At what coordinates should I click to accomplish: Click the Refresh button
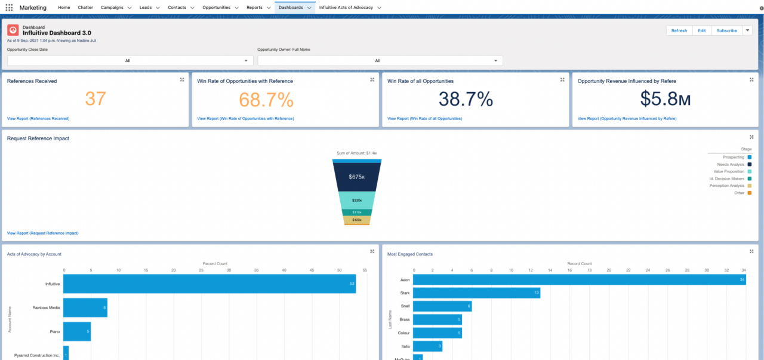point(679,30)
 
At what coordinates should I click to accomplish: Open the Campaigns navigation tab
point(112,7)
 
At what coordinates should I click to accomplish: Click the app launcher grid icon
point(9,7)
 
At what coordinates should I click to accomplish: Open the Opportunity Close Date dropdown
point(130,60)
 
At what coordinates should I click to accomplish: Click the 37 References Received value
point(95,99)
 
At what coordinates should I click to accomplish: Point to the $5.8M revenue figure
point(665,99)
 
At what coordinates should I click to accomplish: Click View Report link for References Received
point(38,119)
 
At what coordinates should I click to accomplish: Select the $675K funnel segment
point(357,177)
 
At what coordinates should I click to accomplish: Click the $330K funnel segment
point(357,200)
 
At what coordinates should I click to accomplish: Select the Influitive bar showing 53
point(209,284)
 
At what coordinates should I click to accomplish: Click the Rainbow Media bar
point(85,307)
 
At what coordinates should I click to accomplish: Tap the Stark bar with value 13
point(476,293)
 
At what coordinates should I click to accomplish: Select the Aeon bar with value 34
point(579,279)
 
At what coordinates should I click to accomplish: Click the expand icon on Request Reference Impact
point(751,137)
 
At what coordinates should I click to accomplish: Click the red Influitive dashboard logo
point(13,30)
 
